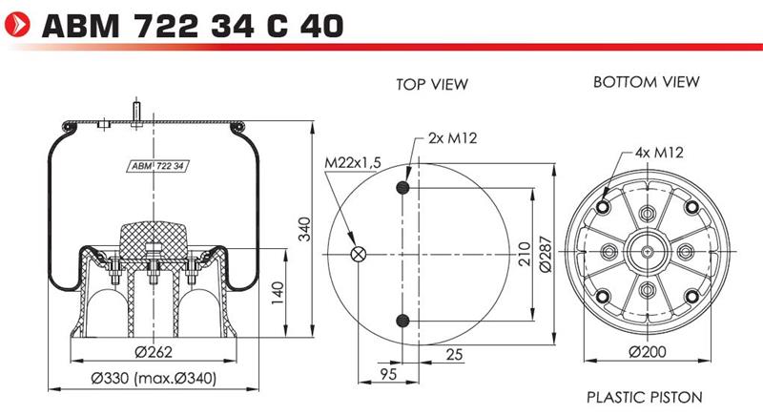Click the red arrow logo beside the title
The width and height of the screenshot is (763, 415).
16,24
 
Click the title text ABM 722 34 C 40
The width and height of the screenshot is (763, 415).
194,26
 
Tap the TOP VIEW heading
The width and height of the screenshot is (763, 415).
432,84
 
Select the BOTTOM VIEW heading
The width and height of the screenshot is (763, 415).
647,82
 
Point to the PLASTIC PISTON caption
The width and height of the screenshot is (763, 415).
645,397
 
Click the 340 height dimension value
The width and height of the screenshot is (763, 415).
304,229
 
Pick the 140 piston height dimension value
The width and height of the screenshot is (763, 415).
278,293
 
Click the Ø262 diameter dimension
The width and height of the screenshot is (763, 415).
154,351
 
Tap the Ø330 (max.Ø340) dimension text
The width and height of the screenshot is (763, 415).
154,378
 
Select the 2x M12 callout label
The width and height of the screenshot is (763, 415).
452,138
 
